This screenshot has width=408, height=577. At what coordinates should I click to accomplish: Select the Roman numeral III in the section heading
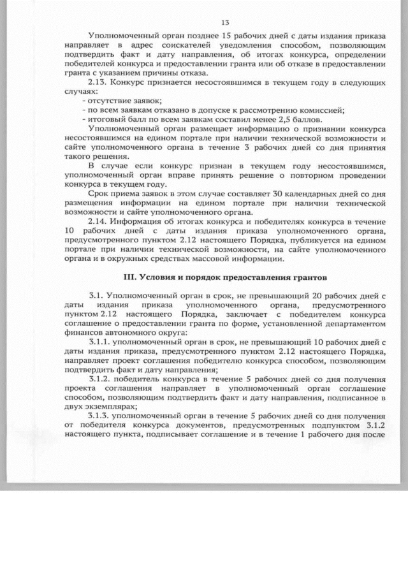127,279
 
